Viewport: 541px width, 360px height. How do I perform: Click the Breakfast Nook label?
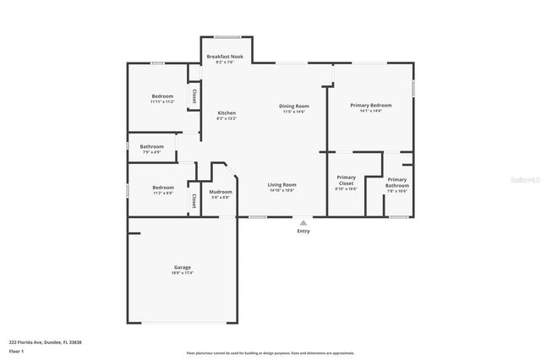(226, 56)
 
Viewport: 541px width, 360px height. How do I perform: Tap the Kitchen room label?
(227, 112)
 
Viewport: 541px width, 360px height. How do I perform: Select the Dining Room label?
(294, 106)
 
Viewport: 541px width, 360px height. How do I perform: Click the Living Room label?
(281, 184)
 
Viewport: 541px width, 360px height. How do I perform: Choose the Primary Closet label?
(347, 180)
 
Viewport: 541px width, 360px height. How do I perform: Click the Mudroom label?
(221, 192)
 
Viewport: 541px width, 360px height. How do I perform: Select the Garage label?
(183, 267)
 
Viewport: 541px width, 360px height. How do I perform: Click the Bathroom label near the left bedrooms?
(152, 146)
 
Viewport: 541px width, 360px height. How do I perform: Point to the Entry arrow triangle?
(303, 222)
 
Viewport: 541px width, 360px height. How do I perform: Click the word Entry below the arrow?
(303, 231)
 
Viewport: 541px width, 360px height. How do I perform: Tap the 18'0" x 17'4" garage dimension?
(183, 273)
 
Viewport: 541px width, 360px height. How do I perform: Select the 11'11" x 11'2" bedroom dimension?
(162, 101)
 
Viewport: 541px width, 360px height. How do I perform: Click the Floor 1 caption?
(16, 350)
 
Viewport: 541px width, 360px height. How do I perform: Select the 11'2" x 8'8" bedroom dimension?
(162, 193)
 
